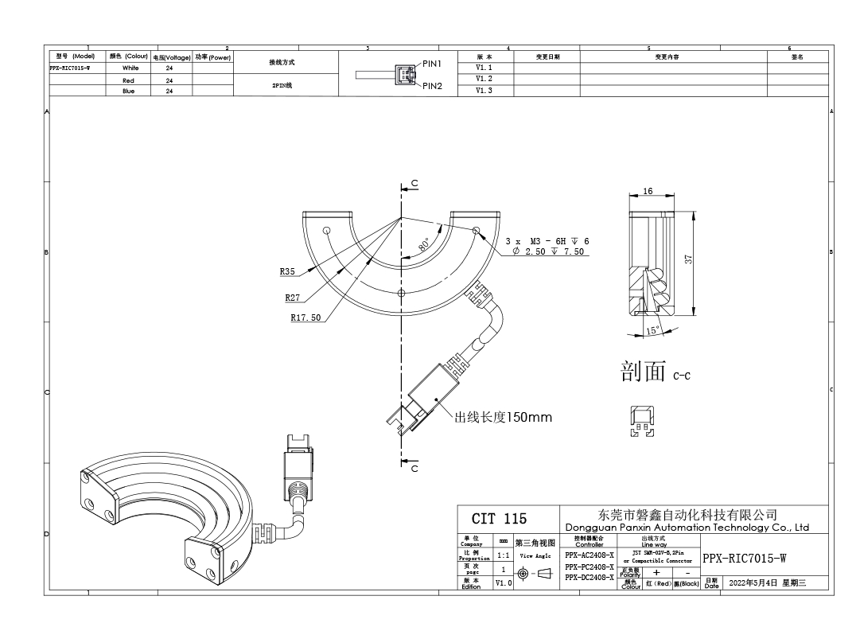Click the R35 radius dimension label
(287, 272)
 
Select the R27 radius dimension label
(293, 298)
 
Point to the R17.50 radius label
(305, 317)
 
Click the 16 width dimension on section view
(648, 192)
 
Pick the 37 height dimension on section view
(689, 258)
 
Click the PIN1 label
(437, 63)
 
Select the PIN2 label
(437, 85)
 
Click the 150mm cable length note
(503, 416)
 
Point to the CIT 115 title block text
(499, 519)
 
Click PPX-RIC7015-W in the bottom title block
(744, 557)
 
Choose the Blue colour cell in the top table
(128, 91)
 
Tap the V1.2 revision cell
(484, 80)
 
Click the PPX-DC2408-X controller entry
(589, 577)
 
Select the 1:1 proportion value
(504, 556)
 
